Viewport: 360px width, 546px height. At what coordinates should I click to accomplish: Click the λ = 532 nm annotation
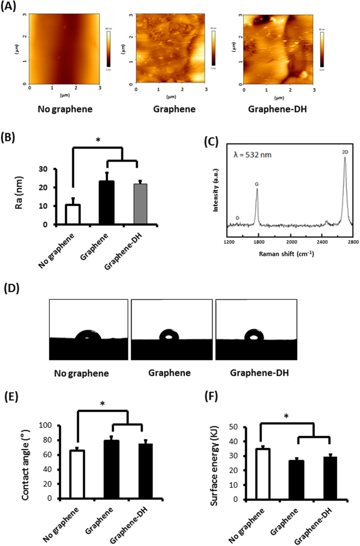pos(253,154)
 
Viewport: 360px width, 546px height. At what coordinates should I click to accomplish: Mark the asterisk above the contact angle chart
pos(103,403)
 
